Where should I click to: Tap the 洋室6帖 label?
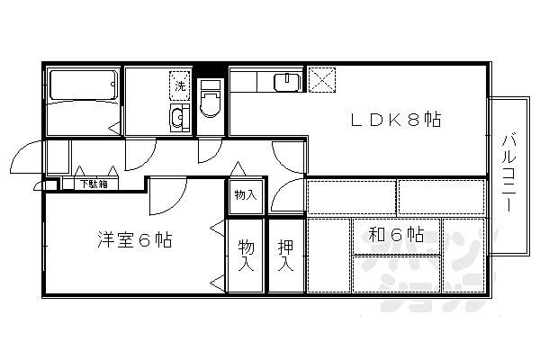pos(135,240)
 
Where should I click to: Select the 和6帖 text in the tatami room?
pos(396,235)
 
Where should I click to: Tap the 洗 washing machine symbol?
pos(180,85)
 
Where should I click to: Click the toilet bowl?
pos(211,103)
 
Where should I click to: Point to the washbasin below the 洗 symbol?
pos(178,117)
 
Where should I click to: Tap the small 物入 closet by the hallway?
pos(245,194)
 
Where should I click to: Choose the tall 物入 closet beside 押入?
pos(245,256)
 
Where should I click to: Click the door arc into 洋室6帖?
pos(167,193)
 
